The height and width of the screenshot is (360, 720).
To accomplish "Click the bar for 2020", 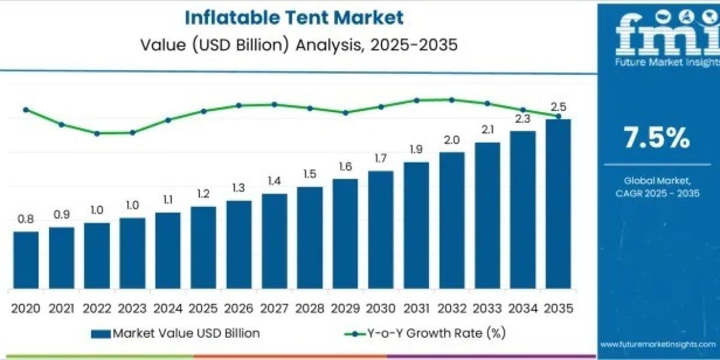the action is [x=26, y=260].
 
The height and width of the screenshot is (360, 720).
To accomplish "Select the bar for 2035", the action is [x=559, y=204].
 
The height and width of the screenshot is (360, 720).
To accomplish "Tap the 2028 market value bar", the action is [x=310, y=238].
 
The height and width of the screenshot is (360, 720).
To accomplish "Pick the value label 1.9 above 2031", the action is [x=416, y=149].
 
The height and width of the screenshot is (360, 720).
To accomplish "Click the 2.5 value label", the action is [x=559, y=107].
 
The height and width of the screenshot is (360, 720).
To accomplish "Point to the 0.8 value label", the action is [x=26, y=219].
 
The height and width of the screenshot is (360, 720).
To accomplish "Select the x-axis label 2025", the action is [x=203, y=308].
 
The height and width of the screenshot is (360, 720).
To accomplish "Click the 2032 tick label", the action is [x=452, y=308].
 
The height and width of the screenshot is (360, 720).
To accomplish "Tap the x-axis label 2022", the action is [x=97, y=308].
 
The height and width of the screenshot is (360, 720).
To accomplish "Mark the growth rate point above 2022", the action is [x=97, y=133].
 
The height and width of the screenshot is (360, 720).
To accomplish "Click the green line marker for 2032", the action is [x=452, y=100].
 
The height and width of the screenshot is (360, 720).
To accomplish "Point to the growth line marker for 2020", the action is [x=26, y=110].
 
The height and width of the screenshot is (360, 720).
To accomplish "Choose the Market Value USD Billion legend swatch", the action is [x=101, y=334].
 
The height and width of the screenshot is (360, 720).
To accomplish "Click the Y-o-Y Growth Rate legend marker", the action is [x=355, y=334].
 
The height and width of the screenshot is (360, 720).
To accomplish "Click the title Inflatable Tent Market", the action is [x=294, y=17].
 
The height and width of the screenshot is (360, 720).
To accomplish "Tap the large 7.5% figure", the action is [x=656, y=137].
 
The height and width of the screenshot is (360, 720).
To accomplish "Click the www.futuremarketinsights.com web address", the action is [x=658, y=344].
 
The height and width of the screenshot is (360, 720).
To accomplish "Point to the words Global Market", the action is [x=657, y=181].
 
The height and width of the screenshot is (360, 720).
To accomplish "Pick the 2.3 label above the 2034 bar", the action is [x=523, y=119].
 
